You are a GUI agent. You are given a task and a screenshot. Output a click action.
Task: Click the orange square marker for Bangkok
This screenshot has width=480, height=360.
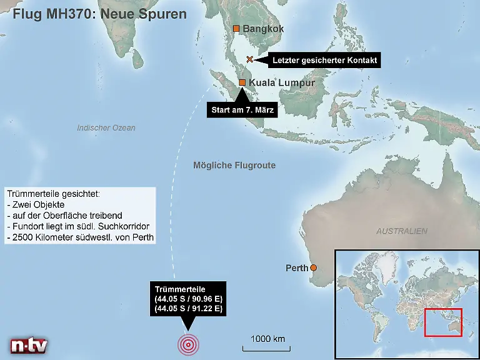[236, 29]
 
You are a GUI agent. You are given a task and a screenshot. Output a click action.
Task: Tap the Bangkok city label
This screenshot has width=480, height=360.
[263, 29]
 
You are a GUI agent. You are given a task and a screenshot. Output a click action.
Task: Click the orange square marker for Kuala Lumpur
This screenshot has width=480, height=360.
[242, 82]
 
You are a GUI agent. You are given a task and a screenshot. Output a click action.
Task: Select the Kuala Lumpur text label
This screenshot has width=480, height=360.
[281, 82]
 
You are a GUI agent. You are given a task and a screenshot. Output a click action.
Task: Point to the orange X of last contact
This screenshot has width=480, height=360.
[250, 59]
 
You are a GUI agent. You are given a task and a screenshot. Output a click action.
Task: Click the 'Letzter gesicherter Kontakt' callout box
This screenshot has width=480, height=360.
[324, 60]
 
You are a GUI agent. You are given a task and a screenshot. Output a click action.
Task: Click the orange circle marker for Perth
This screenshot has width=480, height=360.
[314, 268]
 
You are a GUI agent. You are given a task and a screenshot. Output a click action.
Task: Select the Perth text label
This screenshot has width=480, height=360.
[297, 268]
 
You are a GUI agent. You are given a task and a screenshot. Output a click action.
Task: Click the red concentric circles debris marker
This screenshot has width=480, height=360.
[188, 344]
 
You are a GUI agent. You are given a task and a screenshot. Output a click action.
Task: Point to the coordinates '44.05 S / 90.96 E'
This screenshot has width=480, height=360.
[188, 299]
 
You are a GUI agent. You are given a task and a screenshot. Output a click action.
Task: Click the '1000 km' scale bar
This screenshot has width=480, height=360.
[267, 347]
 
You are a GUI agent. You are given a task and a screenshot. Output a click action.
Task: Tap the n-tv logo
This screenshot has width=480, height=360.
[29, 346]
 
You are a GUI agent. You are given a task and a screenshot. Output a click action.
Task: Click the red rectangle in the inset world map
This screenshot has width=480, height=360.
[443, 322]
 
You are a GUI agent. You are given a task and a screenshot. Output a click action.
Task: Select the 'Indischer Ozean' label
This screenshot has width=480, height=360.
[106, 128]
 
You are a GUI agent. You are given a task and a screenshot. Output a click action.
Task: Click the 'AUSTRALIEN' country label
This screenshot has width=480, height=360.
[402, 231]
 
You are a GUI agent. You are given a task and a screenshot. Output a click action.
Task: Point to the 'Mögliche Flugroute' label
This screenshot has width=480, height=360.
[234, 166]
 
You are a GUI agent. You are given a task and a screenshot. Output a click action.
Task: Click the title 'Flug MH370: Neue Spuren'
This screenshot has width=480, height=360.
[99, 14]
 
